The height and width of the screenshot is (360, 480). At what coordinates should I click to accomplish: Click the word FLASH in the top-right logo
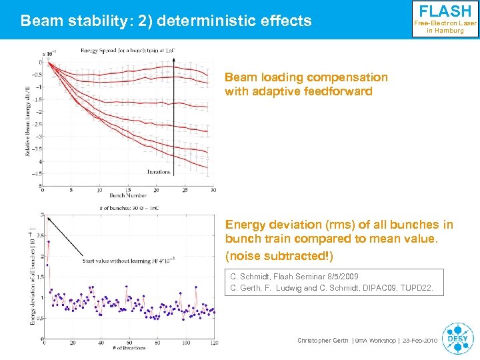tap(445, 12)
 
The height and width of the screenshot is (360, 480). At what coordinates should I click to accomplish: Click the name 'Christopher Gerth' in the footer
tap(322, 341)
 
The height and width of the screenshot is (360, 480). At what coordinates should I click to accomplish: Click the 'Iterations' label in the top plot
tap(159, 171)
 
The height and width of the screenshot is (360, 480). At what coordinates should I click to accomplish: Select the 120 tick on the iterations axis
tap(213, 343)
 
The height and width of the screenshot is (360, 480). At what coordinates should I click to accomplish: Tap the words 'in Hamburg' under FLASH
tap(445, 31)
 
